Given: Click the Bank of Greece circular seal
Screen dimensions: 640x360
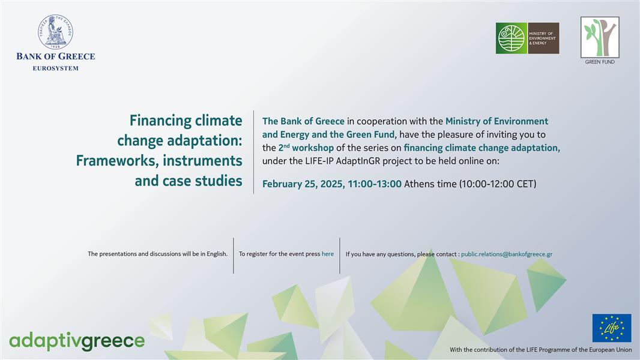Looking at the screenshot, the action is pyautogui.click(x=55, y=32).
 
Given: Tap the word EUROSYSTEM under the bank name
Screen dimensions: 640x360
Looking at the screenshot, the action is pyautogui.click(x=55, y=68).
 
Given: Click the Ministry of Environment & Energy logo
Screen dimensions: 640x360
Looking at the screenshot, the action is pyautogui.click(x=527, y=38).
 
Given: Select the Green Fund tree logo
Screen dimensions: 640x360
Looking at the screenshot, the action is pyautogui.click(x=600, y=37).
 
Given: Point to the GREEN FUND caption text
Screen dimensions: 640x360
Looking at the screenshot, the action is pyautogui.click(x=600, y=62).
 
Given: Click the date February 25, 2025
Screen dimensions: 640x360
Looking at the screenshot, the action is pyautogui.click(x=303, y=184).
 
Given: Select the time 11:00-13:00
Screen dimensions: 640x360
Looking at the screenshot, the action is pyautogui.click(x=375, y=184).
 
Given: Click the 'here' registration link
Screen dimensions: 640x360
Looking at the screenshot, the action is pyautogui.click(x=328, y=254).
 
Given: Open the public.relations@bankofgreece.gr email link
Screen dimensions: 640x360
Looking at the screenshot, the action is pyautogui.click(x=507, y=254).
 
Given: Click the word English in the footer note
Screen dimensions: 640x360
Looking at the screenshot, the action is pyautogui.click(x=216, y=254).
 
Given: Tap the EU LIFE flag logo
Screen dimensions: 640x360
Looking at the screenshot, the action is pyautogui.click(x=612, y=328).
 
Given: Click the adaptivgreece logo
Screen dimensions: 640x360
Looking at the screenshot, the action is pyautogui.click(x=77, y=341).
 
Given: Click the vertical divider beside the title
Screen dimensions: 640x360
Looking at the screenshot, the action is pyautogui.click(x=253, y=152).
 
